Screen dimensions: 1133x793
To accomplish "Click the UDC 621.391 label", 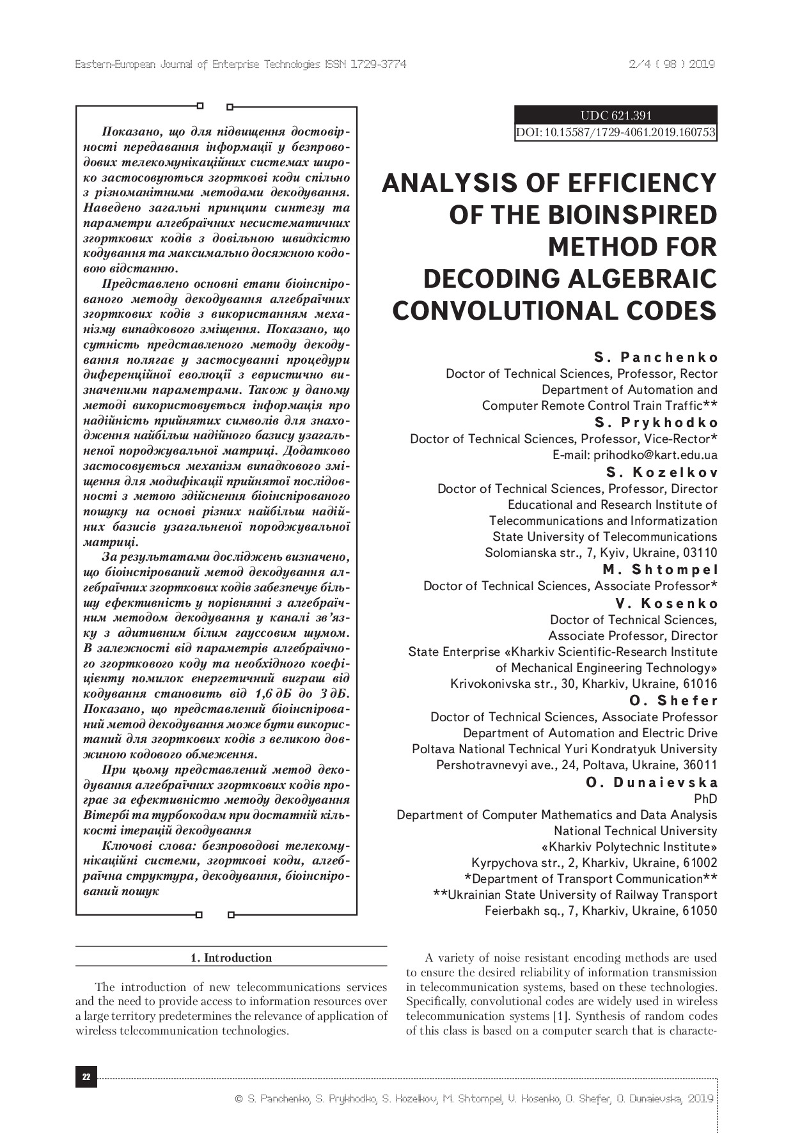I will [615, 116].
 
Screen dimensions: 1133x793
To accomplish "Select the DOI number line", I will [615, 133].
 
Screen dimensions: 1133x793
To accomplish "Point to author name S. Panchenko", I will [656, 357].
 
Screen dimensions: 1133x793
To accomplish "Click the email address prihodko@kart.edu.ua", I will [655, 455].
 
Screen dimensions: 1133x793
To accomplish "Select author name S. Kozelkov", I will [662, 473].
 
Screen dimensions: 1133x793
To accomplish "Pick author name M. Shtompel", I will [660, 570].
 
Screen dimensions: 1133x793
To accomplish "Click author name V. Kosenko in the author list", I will [666, 603].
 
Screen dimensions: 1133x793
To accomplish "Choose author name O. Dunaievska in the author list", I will [652, 782].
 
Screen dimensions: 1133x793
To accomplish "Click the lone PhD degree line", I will [705, 799].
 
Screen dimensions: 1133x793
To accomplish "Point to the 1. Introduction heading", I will [231, 958].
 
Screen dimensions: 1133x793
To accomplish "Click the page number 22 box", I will [86, 1077].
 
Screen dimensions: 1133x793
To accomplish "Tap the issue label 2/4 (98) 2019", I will [671, 65].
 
